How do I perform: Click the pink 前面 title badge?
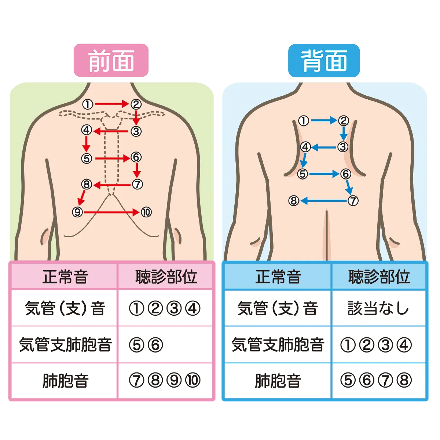111,61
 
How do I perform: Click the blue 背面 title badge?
324,61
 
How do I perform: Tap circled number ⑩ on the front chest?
146,212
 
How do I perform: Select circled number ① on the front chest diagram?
88,104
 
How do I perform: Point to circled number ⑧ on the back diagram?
294,201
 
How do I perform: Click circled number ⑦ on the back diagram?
353,201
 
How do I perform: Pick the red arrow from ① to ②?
111,104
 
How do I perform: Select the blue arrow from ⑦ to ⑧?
323,201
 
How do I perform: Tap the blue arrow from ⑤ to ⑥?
324,174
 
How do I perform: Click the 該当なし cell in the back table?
378,308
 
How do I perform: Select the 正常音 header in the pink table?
65,277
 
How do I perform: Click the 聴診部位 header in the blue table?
378,277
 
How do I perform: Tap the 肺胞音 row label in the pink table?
65,381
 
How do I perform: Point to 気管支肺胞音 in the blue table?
278,345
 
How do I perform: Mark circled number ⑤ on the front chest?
87,158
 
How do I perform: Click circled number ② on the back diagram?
343,120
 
